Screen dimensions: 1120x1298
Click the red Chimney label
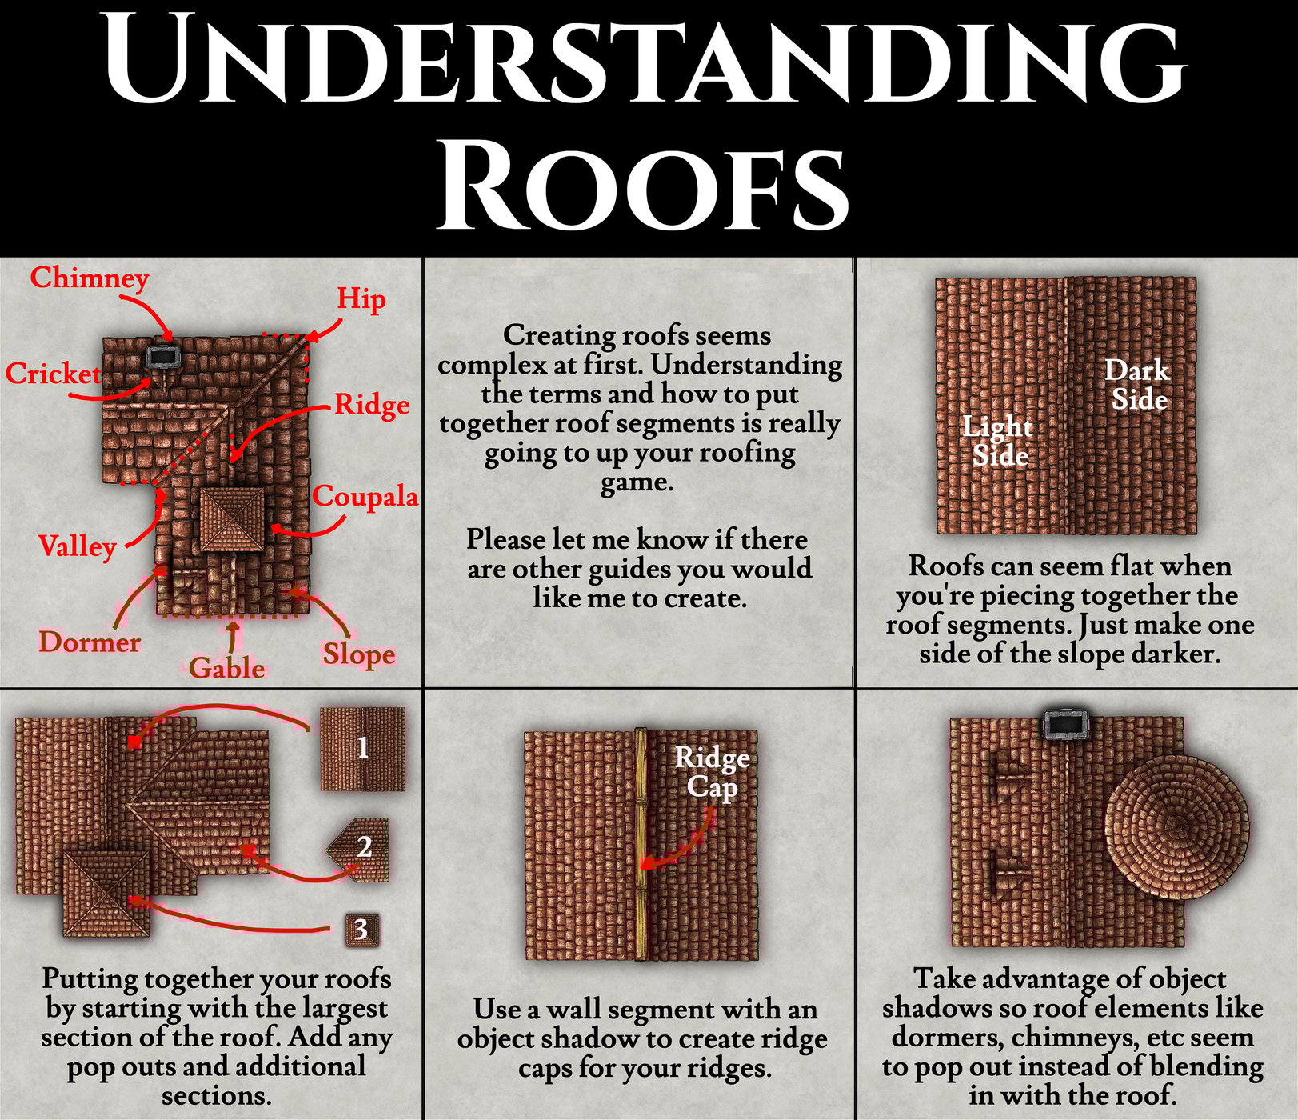coord(90,278)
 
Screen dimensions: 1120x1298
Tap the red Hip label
coord(361,298)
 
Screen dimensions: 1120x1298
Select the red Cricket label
coord(53,374)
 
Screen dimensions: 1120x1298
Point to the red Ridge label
coord(372,405)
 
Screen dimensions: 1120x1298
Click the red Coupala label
coord(365,496)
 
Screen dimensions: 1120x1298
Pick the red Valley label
coord(78,546)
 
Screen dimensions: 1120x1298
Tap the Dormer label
coord(90,642)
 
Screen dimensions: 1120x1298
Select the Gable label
coord(227,667)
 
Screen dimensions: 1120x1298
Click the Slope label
coord(359,654)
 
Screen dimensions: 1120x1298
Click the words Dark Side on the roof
coord(1138,384)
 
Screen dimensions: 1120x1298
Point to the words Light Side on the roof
coord(998,441)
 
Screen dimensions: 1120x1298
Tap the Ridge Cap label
coord(712,772)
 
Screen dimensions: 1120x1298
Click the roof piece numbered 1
coord(363,749)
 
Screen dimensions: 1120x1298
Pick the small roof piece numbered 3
coord(361,930)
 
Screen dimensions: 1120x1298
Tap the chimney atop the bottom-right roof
coord(1068,725)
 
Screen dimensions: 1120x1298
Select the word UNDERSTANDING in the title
coord(645,58)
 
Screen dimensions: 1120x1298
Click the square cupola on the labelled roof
coord(231,520)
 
